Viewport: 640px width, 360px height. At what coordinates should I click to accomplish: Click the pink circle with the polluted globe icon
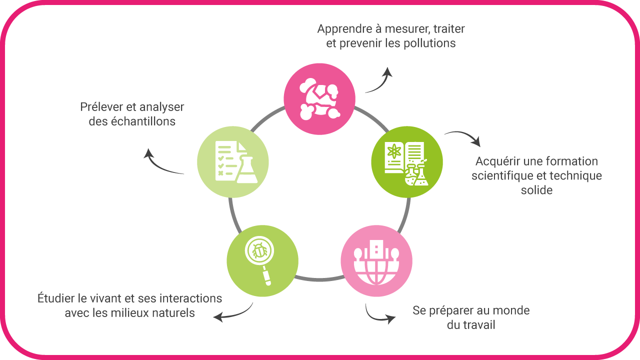(x=319, y=98)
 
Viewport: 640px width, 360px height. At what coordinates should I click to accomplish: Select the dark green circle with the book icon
(x=407, y=162)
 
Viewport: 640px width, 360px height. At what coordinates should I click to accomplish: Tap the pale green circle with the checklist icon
(x=233, y=162)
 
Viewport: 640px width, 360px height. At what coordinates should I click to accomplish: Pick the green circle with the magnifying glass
(x=262, y=261)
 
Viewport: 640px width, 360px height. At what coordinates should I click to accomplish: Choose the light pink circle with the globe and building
(x=376, y=261)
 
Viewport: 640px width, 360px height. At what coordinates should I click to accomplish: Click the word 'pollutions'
(x=427, y=43)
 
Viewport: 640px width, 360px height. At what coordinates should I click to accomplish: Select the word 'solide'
(x=536, y=190)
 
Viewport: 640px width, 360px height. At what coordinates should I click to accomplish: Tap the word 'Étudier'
(x=56, y=299)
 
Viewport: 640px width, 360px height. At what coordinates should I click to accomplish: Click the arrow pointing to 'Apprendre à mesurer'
(x=379, y=81)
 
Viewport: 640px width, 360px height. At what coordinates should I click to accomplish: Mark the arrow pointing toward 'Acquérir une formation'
(x=463, y=137)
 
